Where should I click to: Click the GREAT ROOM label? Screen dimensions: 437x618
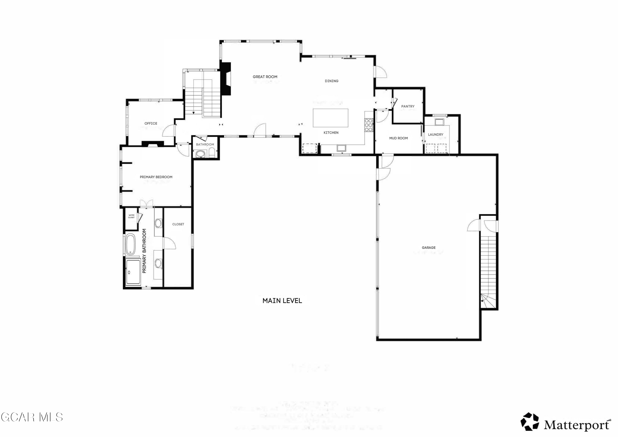tap(265, 77)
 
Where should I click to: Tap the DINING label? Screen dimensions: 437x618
tap(331, 81)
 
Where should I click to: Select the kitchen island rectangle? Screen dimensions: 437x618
tap(330, 118)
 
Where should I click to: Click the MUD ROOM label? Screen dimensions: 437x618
tap(398, 138)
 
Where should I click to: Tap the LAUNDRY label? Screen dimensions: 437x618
tap(435, 134)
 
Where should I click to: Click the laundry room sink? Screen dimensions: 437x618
tap(439, 122)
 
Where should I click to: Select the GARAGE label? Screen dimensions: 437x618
tap(428, 247)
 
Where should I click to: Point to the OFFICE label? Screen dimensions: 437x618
tap(151, 123)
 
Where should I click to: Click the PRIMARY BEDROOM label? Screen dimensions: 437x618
tap(156, 177)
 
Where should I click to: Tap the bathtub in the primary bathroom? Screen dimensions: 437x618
tap(131, 244)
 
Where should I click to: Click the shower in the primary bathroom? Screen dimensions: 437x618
tap(133, 272)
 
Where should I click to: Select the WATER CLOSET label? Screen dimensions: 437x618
tap(131, 216)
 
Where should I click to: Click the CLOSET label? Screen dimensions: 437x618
tap(178, 224)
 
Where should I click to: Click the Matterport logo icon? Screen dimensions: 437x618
tap(529, 421)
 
